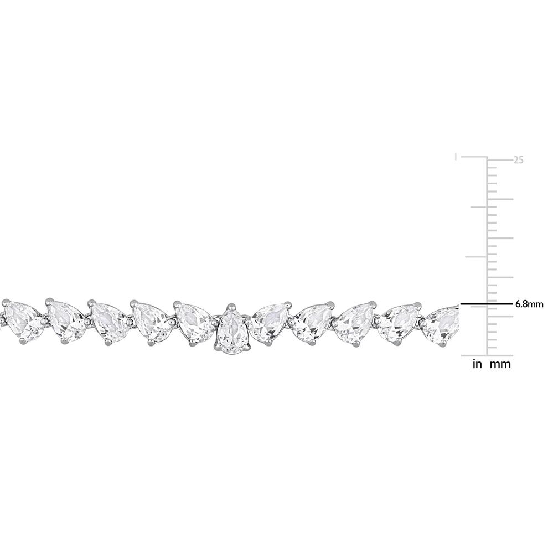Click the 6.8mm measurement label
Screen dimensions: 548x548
(x=529, y=304)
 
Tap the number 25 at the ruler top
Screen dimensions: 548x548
(x=518, y=160)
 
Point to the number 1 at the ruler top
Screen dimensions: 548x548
(x=456, y=157)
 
